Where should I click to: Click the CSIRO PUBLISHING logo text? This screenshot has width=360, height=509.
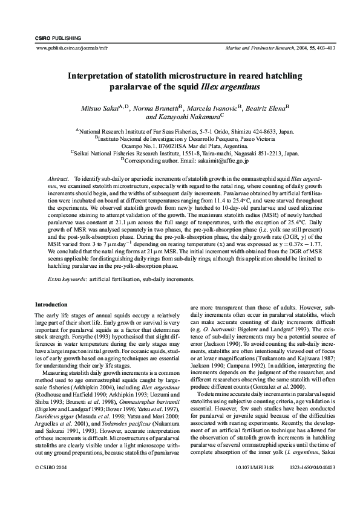pos(54,38)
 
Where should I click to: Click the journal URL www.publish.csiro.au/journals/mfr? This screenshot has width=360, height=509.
pos(68,47)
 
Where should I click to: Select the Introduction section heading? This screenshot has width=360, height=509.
pos(51,304)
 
